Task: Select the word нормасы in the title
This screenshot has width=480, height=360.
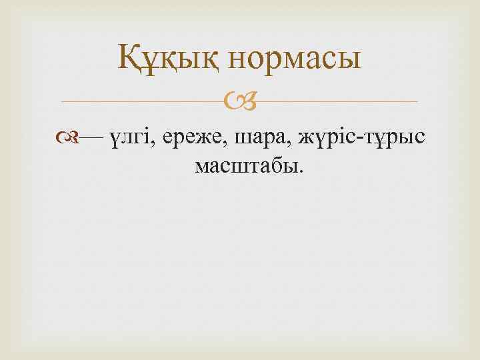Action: point(294,59)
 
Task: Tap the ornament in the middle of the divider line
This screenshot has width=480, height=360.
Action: point(239,102)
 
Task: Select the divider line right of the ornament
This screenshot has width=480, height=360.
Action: point(333,102)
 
